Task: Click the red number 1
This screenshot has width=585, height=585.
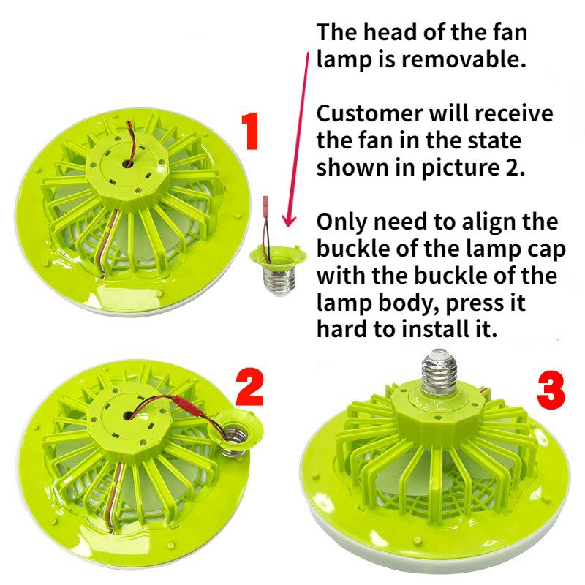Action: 251,132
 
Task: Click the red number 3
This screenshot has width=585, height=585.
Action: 551,390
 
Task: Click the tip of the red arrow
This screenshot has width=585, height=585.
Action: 286,226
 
